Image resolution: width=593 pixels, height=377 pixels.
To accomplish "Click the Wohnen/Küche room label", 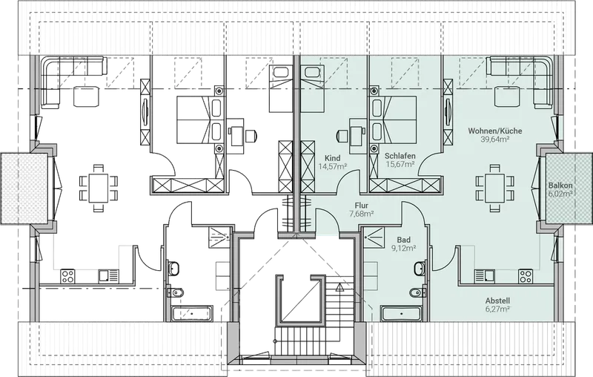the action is [495, 131].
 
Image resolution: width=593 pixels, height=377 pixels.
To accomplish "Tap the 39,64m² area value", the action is [494, 139].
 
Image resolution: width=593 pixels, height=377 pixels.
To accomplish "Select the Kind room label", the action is [332, 158].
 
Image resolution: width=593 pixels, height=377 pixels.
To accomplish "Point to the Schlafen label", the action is [400, 156].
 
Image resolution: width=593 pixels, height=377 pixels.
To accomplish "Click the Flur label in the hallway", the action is [362, 206].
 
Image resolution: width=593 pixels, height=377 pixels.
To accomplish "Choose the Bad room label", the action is [404, 240].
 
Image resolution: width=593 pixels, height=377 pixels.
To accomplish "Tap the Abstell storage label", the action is [497, 301].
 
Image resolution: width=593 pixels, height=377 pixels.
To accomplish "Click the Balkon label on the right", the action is [560, 186].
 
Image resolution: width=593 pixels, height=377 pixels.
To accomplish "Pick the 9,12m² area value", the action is [404, 249].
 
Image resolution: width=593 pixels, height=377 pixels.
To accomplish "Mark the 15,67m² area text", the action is [400, 164].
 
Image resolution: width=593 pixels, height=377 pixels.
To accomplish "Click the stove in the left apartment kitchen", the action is [67, 276].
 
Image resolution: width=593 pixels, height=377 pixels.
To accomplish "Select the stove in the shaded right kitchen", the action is [526, 276].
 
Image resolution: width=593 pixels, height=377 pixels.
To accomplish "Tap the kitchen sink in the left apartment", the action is [108, 276].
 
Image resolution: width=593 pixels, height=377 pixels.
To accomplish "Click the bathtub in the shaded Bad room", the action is [401, 314].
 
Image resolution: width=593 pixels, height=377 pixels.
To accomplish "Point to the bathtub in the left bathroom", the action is [192, 314].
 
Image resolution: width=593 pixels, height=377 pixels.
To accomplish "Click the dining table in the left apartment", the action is [99, 188].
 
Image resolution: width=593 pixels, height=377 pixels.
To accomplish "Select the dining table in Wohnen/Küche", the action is [494, 188].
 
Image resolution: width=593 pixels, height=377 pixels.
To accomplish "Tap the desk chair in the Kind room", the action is [342, 136].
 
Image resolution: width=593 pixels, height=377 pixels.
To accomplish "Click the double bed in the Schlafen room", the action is [394, 119].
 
